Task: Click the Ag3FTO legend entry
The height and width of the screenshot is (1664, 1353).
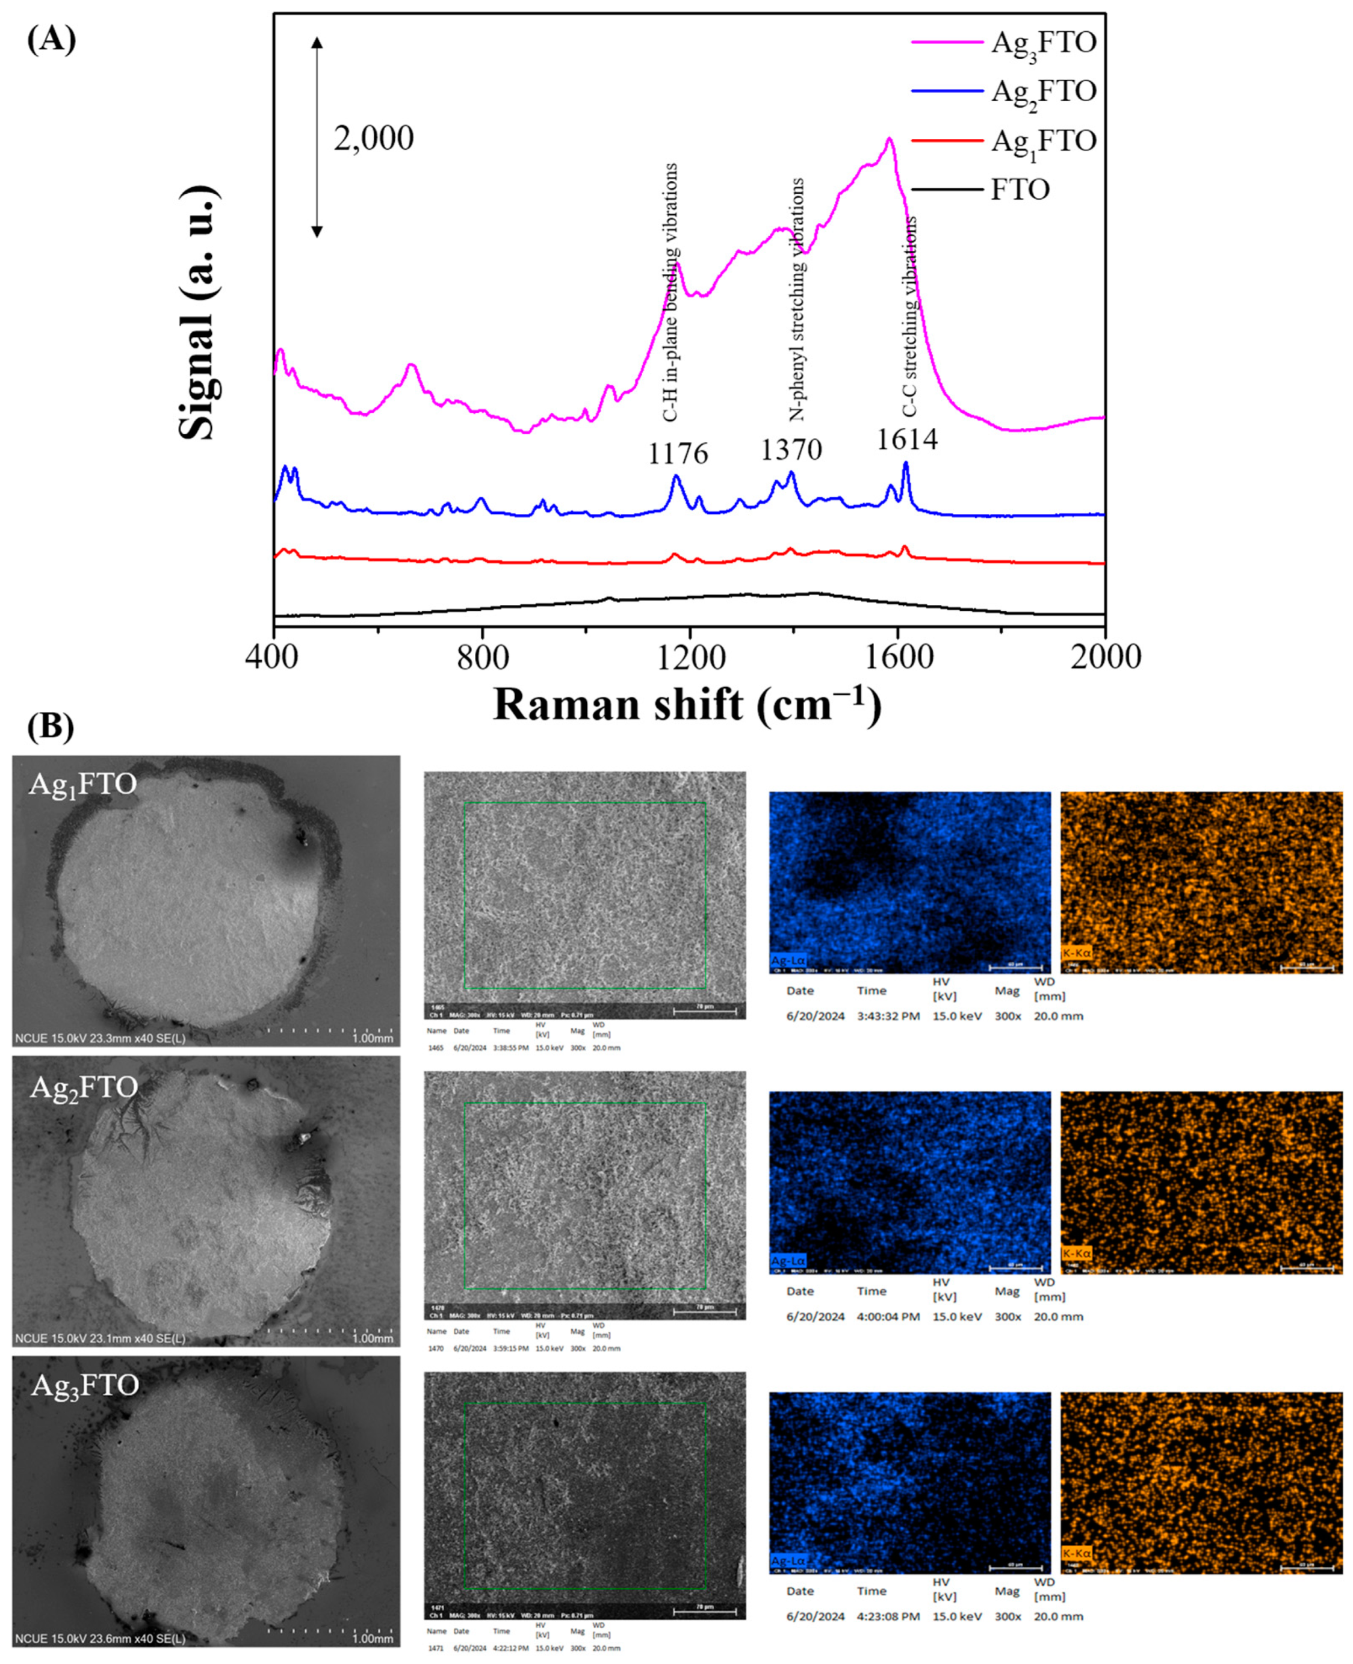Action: pyautogui.click(x=1043, y=42)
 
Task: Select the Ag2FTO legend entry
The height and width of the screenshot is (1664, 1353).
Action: pyautogui.click(x=1043, y=91)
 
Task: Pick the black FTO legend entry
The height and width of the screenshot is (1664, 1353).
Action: pyautogui.click(x=1020, y=190)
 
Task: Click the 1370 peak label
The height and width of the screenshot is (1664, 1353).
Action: pyautogui.click(x=791, y=450)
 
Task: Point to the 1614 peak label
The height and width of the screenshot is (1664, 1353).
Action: pyautogui.click(x=906, y=439)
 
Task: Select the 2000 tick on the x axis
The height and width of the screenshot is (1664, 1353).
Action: pyautogui.click(x=1104, y=657)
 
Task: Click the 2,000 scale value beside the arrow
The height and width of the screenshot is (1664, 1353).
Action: pyautogui.click(x=373, y=139)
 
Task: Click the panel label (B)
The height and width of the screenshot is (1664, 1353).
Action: pyautogui.click(x=51, y=726)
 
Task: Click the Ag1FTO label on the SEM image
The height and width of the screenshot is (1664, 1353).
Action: pyautogui.click(x=82, y=784)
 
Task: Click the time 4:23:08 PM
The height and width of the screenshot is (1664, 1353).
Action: pyautogui.click(x=883, y=1616)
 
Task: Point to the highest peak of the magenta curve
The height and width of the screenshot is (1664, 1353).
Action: pyautogui.click(x=888, y=140)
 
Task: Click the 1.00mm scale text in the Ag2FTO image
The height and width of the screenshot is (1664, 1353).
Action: pyautogui.click(x=373, y=1339)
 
